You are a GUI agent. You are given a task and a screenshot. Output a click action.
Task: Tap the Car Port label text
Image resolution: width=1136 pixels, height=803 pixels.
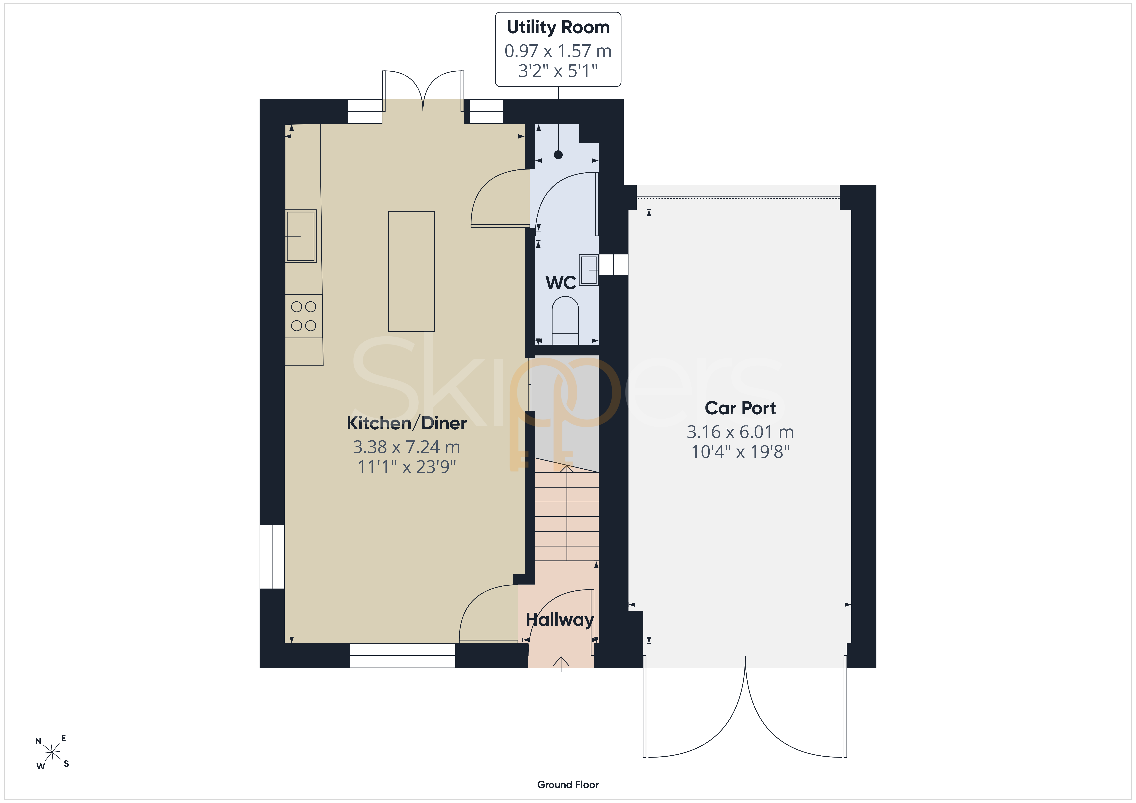click(x=740, y=408)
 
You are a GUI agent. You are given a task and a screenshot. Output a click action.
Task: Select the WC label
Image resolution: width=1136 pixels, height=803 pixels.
click(x=561, y=283)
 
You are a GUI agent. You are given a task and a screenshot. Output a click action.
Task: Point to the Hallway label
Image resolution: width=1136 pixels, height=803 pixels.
click(x=560, y=619)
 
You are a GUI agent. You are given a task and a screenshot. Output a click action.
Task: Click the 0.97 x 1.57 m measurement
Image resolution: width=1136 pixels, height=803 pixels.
click(x=558, y=51)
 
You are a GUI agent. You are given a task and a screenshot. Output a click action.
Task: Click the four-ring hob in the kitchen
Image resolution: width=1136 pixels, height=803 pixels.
click(x=303, y=316)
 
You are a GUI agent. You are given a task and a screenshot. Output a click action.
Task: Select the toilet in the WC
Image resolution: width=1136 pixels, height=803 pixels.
click(x=565, y=320)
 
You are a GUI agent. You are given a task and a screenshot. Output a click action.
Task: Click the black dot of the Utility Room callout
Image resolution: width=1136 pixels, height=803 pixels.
click(x=558, y=155)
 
